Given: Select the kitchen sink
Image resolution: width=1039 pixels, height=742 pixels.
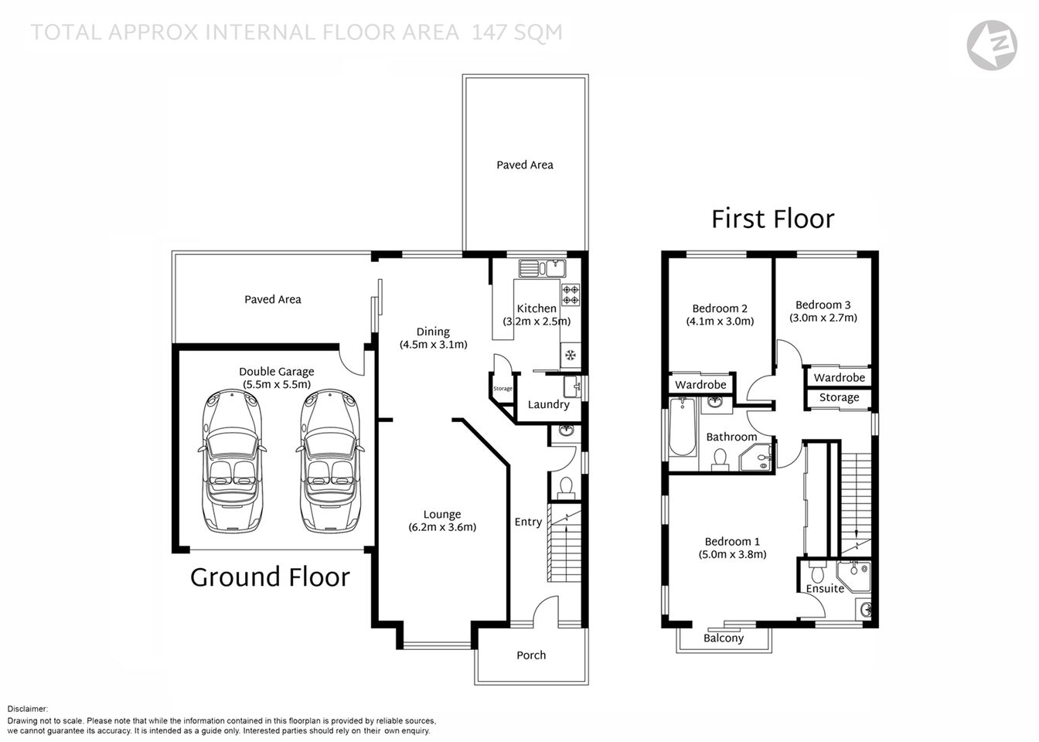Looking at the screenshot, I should [x=542, y=268].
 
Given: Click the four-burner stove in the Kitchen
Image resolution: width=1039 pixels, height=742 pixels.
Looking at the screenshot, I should [x=571, y=294].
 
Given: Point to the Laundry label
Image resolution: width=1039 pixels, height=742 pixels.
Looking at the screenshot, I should [x=548, y=404].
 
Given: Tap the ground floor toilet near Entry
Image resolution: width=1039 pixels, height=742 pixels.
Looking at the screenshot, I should [x=565, y=486].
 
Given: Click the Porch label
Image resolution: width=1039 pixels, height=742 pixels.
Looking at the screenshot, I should [x=531, y=655].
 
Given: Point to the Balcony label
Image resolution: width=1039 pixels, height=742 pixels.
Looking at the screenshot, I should [x=724, y=638].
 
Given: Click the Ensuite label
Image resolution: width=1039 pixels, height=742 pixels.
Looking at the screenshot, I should [x=824, y=588].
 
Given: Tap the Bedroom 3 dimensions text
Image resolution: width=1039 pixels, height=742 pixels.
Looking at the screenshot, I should [x=823, y=317].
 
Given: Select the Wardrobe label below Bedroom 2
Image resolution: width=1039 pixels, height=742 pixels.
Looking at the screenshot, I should [x=700, y=384].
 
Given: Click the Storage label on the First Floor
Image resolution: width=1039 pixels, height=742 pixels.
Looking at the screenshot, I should [x=839, y=397].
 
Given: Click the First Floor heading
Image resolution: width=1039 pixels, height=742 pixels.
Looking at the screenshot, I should [x=772, y=219].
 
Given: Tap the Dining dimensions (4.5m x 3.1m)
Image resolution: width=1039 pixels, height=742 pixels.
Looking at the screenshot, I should [x=433, y=345].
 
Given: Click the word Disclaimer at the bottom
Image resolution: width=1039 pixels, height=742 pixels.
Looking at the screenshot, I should [x=28, y=708].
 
